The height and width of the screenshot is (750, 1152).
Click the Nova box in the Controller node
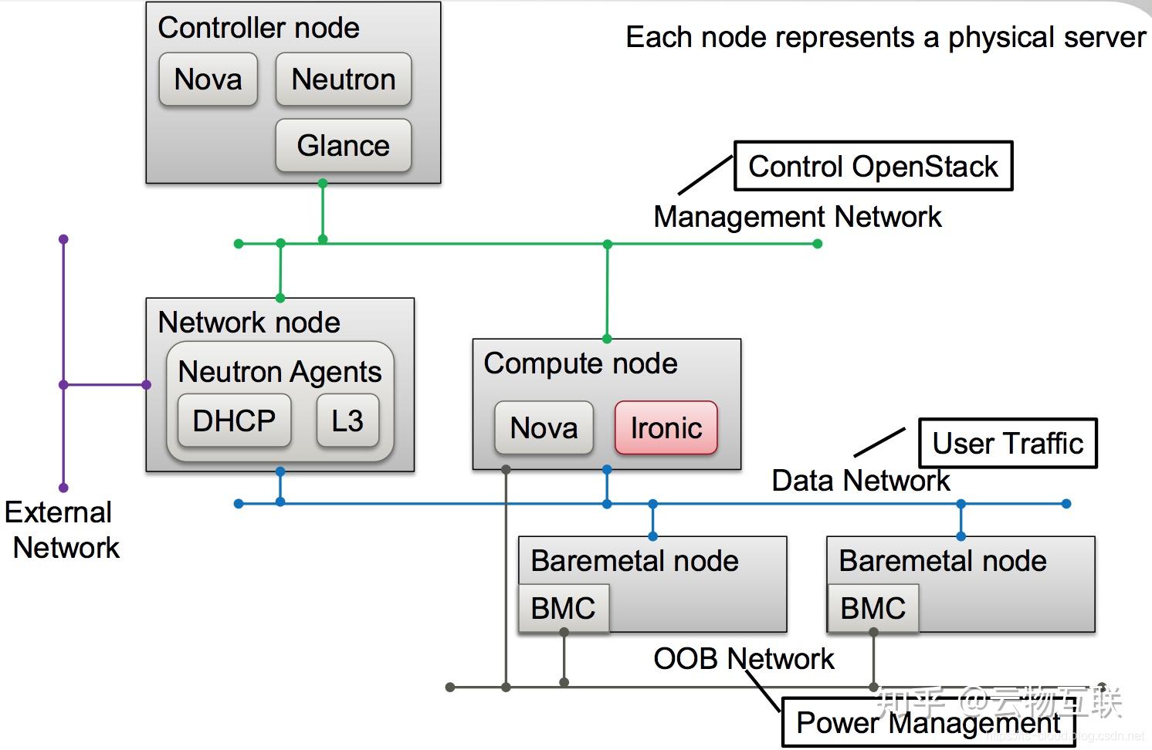coord(208,79)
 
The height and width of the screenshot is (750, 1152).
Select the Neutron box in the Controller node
coord(344,79)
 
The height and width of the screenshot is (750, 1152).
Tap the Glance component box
coord(344,146)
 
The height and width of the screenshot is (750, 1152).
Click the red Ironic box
coord(666,427)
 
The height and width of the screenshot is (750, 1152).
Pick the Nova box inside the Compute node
coord(544,427)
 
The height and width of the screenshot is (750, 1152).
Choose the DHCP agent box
coord(234,421)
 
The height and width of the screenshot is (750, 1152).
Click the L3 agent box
coord(347,421)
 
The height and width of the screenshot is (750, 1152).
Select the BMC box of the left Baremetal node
coord(564,608)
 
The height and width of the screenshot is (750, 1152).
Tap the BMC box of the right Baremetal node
coord(872,608)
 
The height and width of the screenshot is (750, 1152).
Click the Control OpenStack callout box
coord(873,166)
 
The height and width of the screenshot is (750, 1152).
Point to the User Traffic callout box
coord(1008,444)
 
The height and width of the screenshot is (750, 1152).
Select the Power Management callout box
coord(928,723)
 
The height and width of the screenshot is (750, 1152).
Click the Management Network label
coord(798,217)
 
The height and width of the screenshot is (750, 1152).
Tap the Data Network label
coord(860,481)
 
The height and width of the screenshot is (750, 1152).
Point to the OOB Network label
coord(744,659)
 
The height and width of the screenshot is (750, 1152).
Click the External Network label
coord(62,530)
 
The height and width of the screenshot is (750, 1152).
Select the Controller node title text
coord(259,28)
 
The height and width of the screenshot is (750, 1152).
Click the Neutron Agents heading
coord(280,372)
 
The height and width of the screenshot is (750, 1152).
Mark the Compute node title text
coord(581,363)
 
